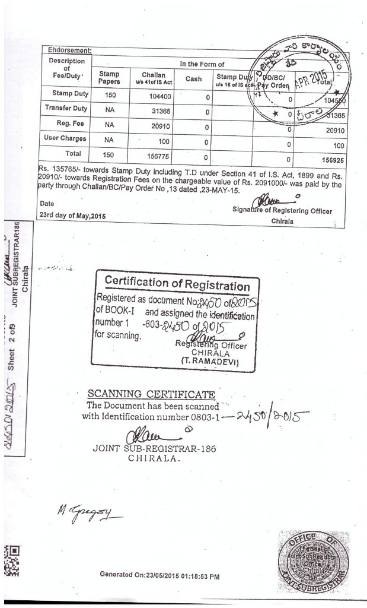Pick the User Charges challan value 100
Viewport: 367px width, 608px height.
(x=155, y=141)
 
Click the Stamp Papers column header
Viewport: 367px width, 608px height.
(x=108, y=77)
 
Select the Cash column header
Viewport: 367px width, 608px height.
(x=193, y=78)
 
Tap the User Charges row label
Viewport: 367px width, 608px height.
(x=65, y=138)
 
